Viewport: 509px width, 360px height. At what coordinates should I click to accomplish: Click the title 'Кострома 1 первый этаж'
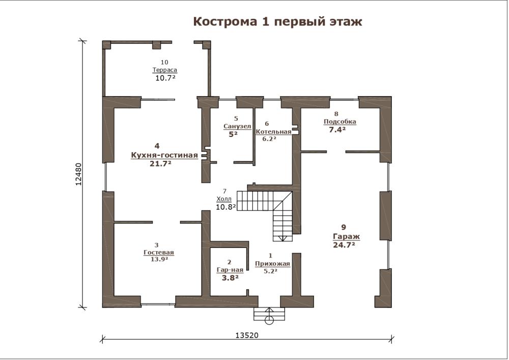pyautogui.click(x=277, y=22)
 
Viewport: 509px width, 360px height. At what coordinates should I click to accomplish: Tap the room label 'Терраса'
pyautogui.click(x=165, y=70)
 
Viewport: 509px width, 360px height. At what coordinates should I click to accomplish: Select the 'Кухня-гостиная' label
pyautogui.click(x=164, y=155)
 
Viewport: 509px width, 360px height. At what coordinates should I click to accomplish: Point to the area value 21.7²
pyautogui.click(x=160, y=163)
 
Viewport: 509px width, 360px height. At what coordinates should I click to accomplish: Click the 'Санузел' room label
pyautogui.click(x=237, y=126)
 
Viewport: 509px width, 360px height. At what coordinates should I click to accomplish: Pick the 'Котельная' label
pyautogui.click(x=274, y=132)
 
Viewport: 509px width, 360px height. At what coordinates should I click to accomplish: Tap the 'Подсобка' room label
pyautogui.click(x=340, y=122)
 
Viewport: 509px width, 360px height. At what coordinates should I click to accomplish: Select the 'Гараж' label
pyautogui.click(x=346, y=237)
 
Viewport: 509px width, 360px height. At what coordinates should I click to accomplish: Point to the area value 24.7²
pyautogui.click(x=344, y=245)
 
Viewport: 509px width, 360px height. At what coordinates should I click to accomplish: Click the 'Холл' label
pyautogui.click(x=224, y=199)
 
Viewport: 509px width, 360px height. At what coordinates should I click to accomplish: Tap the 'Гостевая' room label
pyautogui.click(x=159, y=252)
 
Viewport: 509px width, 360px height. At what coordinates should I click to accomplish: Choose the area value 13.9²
pyautogui.click(x=159, y=259)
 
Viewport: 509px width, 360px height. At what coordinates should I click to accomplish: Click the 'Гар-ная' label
pyautogui.click(x=230, y=270)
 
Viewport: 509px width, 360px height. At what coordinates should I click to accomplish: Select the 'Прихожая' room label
pyautogui.click(x=272, y=264)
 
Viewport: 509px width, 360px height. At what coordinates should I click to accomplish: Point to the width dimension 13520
pyautogui.click(x=247, y=335)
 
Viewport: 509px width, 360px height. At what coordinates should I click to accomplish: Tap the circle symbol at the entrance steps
pyautogui.click(x=269, y=321)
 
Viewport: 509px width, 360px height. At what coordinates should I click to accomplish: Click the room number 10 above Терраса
pyautogui.click(x=164, y=62)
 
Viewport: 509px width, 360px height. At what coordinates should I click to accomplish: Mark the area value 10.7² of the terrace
pyautogui.click(x=165, y=78)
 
